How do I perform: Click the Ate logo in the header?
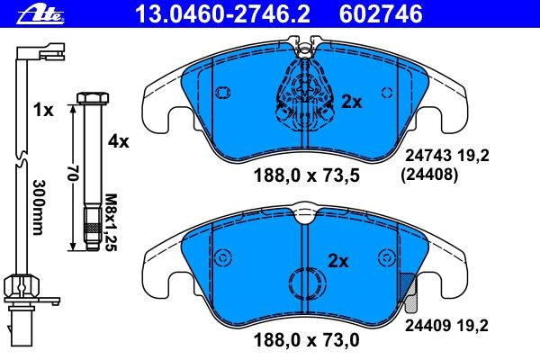[x=40, y=14]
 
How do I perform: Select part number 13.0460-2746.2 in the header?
[x=223, y=14]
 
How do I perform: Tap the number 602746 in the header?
[x=381, y=14]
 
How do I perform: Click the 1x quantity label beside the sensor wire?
[x=43, y=110]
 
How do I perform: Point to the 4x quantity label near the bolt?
[x=118, y=141]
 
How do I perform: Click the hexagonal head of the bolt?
[x=93, y=98]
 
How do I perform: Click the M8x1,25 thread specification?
[x=111, y=222]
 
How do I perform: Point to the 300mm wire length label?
[x=39, y=207]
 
